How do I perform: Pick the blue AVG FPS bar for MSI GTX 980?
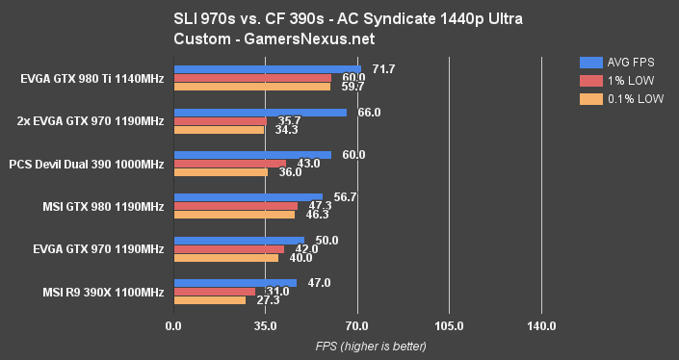point(248,197)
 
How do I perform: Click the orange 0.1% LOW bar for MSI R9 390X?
point(209,300)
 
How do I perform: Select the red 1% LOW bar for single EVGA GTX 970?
point(228,249)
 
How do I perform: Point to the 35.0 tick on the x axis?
point(265,326)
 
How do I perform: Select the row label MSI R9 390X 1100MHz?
point(102,292)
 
